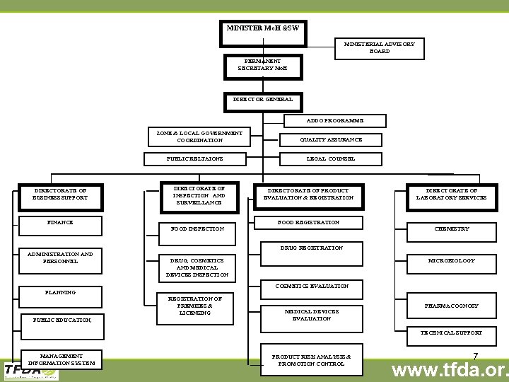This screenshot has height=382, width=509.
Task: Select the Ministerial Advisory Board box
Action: pyautogui.click(x=379, y=47)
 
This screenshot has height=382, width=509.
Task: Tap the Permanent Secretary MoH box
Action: pyautogui.click(x=263, y=66)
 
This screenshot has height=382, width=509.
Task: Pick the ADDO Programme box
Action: pyautogui.click(x=336, y=121)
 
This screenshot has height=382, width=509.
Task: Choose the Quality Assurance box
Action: pyautogui.click(x=331, y=140)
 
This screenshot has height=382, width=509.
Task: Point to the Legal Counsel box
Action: pyautogui.click(x=331, y=159)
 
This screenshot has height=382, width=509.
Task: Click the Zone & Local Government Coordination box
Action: pyautogui.click(x=199, y=137)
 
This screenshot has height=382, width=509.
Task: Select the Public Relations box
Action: pyautogui.click(x=194, y=159)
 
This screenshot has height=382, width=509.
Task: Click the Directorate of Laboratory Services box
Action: pyautogui.click(x=456, y=195)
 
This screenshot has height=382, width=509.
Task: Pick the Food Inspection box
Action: pyautogui.click(x=197, y=229)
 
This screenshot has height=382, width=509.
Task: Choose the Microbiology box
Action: pyautogui.click(x=452, y=261)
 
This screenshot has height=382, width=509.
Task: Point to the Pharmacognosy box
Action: pyautogui.click(x=452, y=306)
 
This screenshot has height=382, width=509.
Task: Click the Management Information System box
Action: pyautogui.click(x=61, y=359)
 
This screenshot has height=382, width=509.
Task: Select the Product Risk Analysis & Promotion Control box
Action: pyautogui.click(x=311, y=360)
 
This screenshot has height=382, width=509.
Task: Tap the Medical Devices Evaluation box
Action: pyautogui.click(x=311, y=315)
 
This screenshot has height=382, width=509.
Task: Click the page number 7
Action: pyautogui.click(x=476, y=356)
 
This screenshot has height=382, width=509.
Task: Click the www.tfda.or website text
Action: pyautogui.click(x=450, y=370)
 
